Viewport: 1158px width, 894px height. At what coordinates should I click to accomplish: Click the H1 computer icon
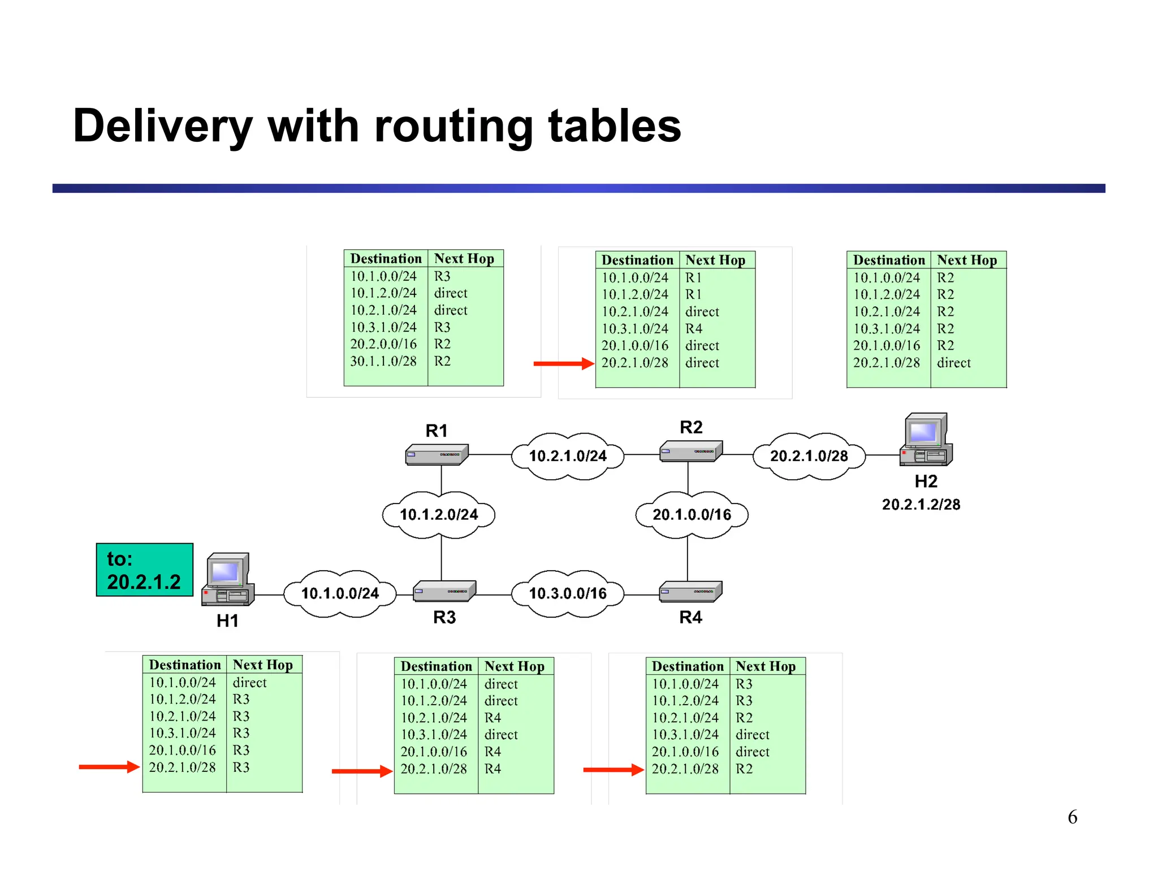(x=228, y=580)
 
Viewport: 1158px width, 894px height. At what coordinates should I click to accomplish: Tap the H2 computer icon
(x=926, y=440)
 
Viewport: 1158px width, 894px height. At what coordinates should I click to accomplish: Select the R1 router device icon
(x=437, y=455)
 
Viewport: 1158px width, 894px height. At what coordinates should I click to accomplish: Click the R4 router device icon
(x=690, y=591)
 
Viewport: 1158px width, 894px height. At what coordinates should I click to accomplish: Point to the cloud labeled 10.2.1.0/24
(x=567, y=456)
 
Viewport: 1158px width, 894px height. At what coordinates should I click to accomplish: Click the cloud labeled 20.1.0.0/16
(x=692, y=515)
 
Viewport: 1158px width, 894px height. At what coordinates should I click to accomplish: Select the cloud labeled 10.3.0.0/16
(x=567, y=593)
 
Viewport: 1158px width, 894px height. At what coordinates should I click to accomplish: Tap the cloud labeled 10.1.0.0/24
(x=339, y=593)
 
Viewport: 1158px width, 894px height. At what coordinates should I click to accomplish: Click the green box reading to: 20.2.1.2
(x=144, y=570)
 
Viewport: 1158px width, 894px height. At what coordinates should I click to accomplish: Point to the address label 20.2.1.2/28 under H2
(x=921, y=505)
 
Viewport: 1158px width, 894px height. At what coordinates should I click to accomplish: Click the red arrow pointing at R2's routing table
(x=563, y=364)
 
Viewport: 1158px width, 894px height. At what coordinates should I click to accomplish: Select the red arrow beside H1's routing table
(x=109, y=767)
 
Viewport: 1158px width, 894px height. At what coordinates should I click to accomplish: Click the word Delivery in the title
(x=162, y=126)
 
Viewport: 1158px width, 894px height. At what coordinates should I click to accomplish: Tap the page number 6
(x=1072, y=817)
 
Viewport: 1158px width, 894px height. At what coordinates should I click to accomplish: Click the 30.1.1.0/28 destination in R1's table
(x=383, y=361)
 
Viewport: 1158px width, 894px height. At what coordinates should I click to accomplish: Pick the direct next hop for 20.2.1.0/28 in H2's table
(x=953, y=363)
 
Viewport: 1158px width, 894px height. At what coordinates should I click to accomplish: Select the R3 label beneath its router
(x=444, y=617)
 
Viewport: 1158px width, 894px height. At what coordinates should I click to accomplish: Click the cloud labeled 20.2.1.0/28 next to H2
(x=809, y=456)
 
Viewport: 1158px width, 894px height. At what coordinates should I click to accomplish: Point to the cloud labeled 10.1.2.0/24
(x=439, y=515)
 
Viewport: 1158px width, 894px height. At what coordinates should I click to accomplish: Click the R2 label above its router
(x=691, y=427)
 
